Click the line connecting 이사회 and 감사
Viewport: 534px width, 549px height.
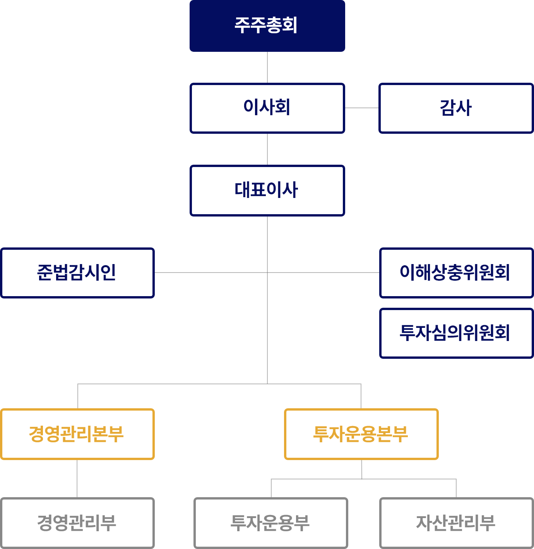pyautogui.click(x=361, y=108)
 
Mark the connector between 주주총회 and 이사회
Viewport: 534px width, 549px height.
pyautogui.click(x=267, y=67)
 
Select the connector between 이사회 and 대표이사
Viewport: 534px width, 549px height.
pyautogui.click(x=267, y=149)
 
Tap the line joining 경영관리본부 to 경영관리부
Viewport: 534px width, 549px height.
pyautogui.click(x=77, y=479)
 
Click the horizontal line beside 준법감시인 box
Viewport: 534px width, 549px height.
pyautogui.click(x=209, y=273)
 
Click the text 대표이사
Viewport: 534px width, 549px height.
pyautogui.click(x=266, y=190)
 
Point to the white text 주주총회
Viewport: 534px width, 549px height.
pyautogui.click(x=266, y=25)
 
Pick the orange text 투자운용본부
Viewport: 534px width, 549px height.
pyautogui.click(x=361, y=434)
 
